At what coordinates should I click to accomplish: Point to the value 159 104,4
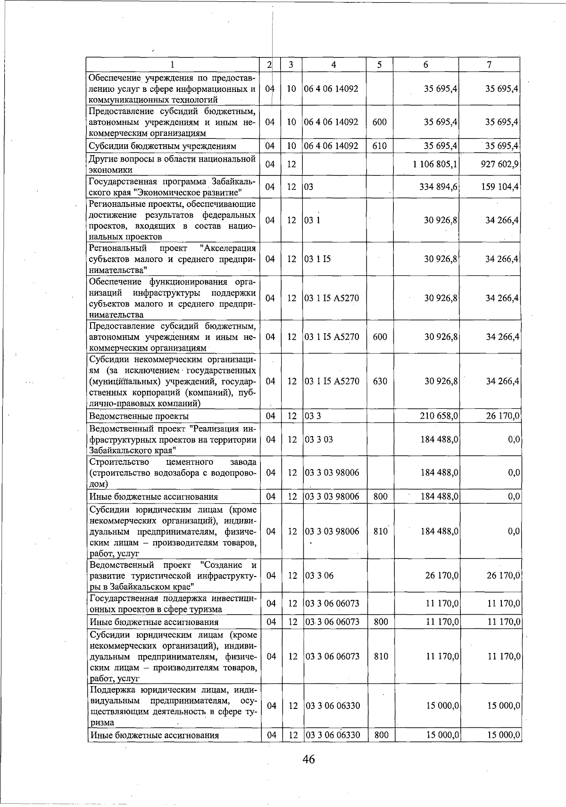500,187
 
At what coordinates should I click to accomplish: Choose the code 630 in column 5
380,381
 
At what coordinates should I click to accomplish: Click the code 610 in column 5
379,146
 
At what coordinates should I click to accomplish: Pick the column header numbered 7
490,65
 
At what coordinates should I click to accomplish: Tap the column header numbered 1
173,65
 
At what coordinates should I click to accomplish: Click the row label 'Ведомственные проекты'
139,416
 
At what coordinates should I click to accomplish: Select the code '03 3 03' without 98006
319,439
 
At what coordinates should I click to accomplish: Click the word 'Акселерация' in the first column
228,248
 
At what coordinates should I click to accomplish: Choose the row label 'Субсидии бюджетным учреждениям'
162,146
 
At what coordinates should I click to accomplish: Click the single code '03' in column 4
308,187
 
